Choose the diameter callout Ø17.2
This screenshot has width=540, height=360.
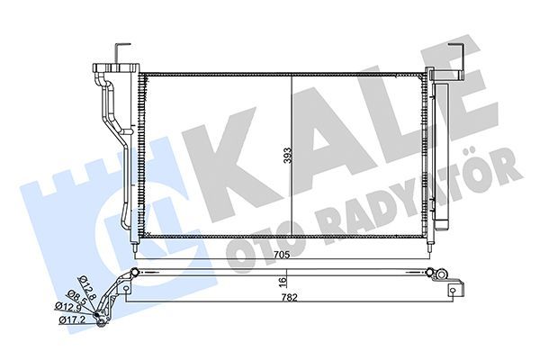[x=71, y=319]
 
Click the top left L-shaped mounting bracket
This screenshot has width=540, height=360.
[x=124, y=48]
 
